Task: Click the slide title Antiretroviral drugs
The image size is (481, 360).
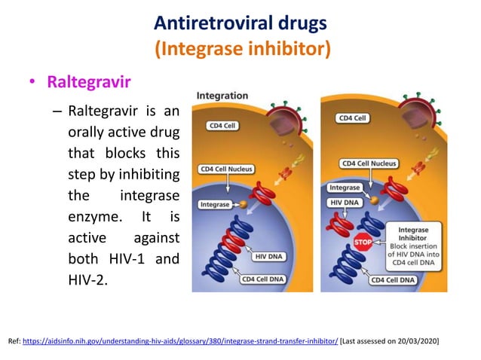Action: pos(240,23)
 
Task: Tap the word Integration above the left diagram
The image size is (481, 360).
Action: pos(222,96)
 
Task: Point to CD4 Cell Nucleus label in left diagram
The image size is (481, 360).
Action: pos(226,169)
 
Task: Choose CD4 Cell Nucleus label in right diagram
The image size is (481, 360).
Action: pos(369,163)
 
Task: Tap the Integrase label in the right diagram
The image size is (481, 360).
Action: pos(345,187)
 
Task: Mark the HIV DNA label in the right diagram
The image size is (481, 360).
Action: pos(345,203)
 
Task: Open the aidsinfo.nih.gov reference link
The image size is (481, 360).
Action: pos(181,341)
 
